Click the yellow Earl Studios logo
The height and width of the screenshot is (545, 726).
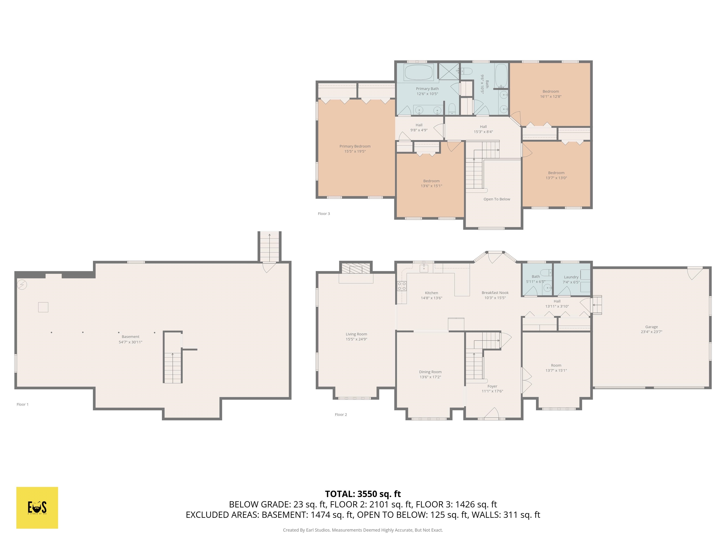[37, 508]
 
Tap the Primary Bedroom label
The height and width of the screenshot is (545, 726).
[355, 146]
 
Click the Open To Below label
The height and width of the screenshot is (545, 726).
[497, 199]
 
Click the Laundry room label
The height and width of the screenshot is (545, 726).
[571, 277]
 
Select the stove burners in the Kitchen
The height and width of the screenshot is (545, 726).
[402, 286]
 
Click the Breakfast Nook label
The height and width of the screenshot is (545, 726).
[495, 293]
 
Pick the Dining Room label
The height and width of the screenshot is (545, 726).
[430, 372]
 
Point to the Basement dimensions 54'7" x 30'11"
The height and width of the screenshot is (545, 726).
[130, 342]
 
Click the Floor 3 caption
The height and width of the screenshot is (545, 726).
[324, 214]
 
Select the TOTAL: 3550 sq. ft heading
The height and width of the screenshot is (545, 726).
[363, 494]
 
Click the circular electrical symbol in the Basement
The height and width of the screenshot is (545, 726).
[22, 285]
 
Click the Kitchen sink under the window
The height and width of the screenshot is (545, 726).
[424, 268]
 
